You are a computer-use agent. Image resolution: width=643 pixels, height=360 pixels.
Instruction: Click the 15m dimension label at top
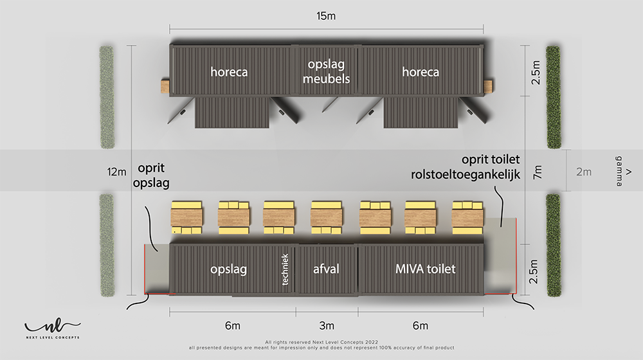click(326, 16)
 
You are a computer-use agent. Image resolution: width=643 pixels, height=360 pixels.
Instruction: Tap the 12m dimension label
click(117, 172)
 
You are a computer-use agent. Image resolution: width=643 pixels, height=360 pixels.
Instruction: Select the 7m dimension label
click(537, 172)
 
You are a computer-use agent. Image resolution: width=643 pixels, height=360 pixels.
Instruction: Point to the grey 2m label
click(584, 172)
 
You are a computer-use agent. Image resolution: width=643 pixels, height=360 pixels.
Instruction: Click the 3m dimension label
click(327, 325)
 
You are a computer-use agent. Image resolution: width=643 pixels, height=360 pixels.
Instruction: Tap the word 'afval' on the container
click(326, 269)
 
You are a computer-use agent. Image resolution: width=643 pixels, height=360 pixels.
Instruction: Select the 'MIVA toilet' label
click(425, 269)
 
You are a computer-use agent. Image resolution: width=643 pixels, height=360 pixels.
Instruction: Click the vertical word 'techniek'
click(285, 269)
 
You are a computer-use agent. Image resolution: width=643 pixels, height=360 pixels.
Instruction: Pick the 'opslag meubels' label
click(327, 71)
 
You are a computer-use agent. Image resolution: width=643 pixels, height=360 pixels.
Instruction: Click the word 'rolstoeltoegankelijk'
click(466, 174)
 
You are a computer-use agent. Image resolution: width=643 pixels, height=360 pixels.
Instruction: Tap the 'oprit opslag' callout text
click(151, 175)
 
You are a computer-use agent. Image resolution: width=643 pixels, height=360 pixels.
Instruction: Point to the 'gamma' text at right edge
click(619, 171)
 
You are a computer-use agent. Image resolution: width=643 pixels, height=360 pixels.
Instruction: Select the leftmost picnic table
click(186, 217)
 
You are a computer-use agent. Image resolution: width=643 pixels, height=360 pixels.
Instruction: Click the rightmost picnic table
click(467, 217)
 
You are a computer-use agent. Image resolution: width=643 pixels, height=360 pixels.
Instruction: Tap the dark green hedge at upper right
click(554, 97)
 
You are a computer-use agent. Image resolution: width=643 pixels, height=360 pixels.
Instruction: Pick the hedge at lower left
click(107, 245)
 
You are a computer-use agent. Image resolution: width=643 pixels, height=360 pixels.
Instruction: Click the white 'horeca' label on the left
click(229, 72)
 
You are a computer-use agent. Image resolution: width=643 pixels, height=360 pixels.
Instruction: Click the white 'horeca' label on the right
click(421, 72)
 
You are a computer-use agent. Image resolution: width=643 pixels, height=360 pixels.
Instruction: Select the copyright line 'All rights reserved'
click(321, 342)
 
